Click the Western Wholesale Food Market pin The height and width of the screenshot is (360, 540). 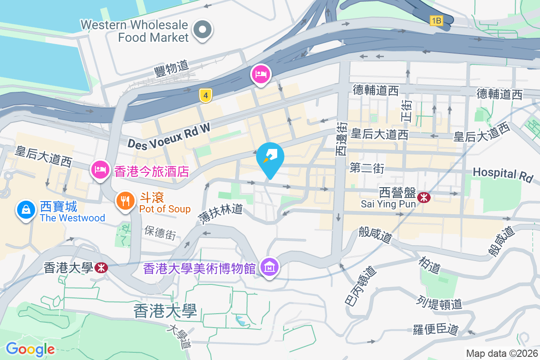[202, 31]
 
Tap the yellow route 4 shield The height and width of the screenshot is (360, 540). [205, 95]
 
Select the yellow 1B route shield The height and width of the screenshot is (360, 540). [436, 20]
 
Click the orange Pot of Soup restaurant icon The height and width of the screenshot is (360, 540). [126, 200]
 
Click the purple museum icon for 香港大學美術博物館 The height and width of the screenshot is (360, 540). [270, 267]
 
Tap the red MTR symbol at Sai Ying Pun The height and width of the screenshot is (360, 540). [423, 197]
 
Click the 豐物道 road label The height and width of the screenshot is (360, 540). [171, 68]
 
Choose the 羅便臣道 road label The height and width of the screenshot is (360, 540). [436, 330]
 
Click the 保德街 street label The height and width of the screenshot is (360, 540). [160, 233]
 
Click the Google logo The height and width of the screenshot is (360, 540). [30, 349]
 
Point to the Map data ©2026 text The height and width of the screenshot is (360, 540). [501, 353]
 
